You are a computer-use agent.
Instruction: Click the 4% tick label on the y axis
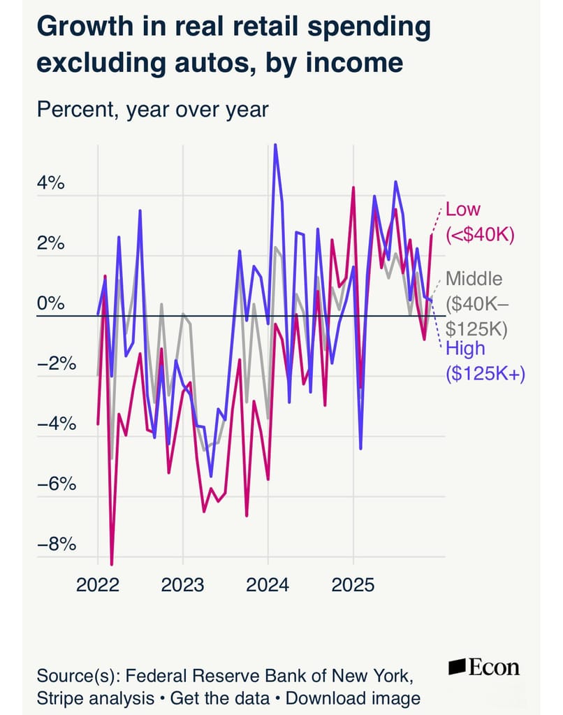click(50, 183)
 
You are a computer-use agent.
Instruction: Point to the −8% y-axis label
click(57, 544)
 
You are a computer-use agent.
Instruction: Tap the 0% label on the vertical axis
click(50, 303)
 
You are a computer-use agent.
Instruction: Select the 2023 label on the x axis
click(182, 585)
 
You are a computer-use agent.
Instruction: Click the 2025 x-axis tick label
click(353, 585)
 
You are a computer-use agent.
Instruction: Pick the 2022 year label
click(98, 585)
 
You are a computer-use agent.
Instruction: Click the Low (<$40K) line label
click(480, 222)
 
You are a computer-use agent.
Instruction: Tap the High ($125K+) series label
click(485, 361)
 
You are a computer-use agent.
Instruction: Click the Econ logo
click(484, 667)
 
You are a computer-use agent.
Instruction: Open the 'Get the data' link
click(220, 698)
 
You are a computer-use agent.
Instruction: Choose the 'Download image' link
click(353, 698)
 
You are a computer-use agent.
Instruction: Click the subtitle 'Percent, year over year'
click(153, 110)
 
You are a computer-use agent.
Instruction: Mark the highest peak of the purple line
click(275, 145)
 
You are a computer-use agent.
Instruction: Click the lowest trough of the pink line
click(112, 565)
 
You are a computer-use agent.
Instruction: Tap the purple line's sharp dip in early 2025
click(360, 449)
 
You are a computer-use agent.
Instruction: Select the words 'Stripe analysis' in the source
click(95, 698)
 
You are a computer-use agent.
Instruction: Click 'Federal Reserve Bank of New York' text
click(269, 676)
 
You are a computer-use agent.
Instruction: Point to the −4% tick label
click(57, 424)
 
